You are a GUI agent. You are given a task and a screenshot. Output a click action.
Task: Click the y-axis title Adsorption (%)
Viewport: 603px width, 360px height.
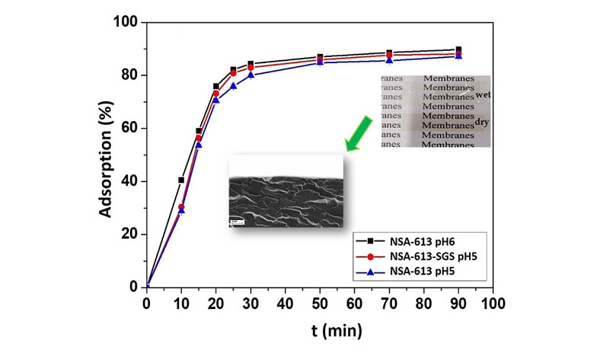tap(107, 156)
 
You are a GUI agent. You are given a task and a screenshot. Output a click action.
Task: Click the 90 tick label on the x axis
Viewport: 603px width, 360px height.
tap(458, 303)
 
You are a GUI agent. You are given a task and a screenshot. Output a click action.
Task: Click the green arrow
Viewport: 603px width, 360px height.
tap(361, 133)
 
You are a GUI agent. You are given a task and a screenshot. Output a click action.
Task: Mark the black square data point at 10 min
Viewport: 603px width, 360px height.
tap(181, 180)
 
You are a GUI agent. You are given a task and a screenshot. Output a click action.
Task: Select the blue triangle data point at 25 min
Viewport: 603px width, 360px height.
tap(233, 85)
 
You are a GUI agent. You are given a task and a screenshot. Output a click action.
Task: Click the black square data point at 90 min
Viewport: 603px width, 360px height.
tap(458, 50)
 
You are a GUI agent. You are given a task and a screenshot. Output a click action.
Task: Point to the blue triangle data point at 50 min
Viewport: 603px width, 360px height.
tap(320, 62)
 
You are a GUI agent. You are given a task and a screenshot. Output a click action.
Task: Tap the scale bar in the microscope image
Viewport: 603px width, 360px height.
tap(236, 221)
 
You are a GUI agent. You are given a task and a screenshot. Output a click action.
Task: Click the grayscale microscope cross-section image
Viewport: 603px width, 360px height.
tap(286, 190)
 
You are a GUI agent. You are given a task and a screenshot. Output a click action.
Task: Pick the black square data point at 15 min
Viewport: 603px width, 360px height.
tap(199, 131)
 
